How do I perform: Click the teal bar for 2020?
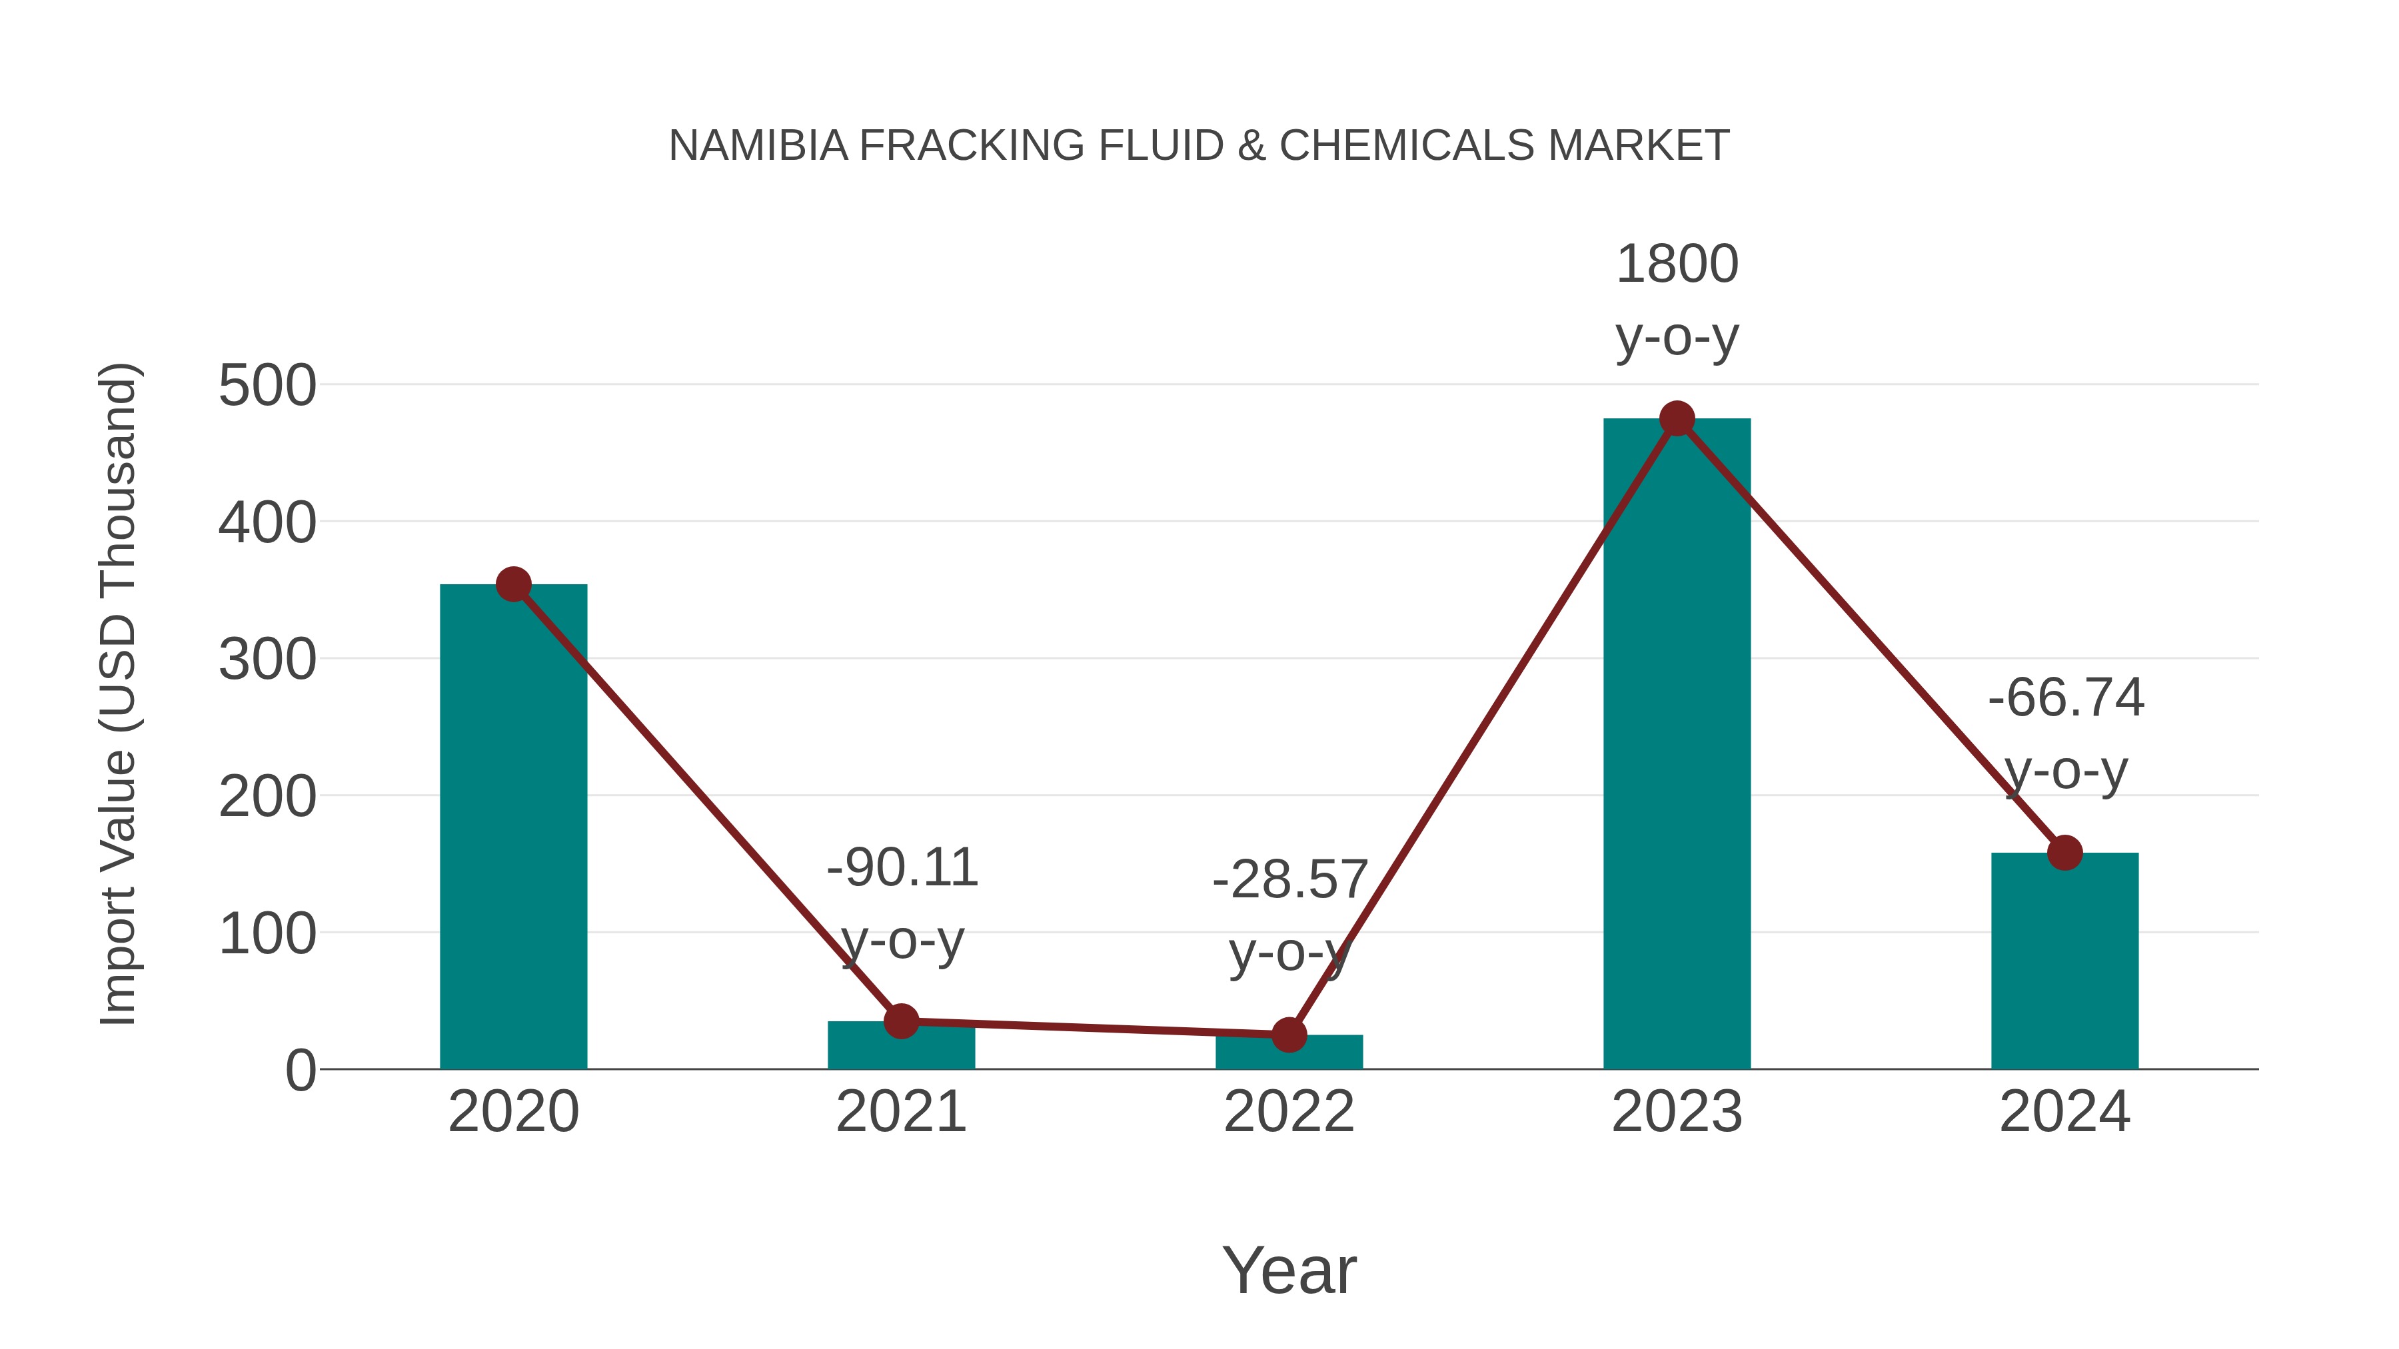click(x=513, y=829)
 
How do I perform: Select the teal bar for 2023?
click(x=1677, y=745)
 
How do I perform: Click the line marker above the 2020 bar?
click(x=513, y=585)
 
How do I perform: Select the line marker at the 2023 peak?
click(x=1677, y=419)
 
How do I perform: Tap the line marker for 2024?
click(x=2064, y=852)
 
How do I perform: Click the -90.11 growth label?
click(x=902, y=867)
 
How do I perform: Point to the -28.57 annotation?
click(x=1289, y=880)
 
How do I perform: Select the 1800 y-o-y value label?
click(x=1677, y=264)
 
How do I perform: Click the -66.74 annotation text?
click(x=2064, y=698)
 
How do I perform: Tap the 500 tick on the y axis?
click(x=267, y=386)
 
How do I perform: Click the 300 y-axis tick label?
click(x=267, y=660)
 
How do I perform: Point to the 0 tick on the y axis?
click(x=301, y=1071)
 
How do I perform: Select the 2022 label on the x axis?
click(x=1289, y=1112)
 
